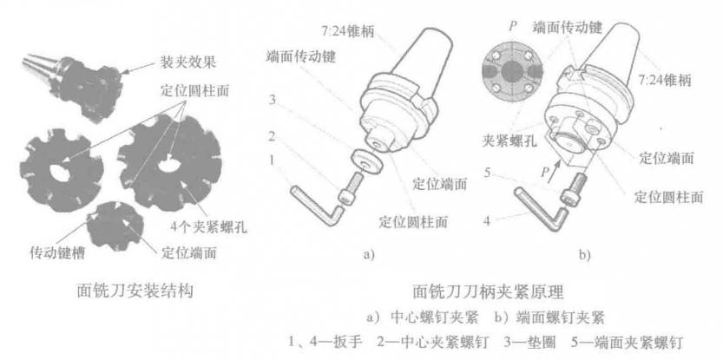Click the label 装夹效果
click(188, 63)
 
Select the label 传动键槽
click(57, 253)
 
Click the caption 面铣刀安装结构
click(135, 291)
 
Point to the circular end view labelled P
click(512, 70)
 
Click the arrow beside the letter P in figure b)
click(558, 167)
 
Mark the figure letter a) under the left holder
click(368, 255)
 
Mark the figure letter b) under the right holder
click(585, 255)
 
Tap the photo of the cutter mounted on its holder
click(74, 86)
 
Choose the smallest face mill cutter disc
click(115, 226)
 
